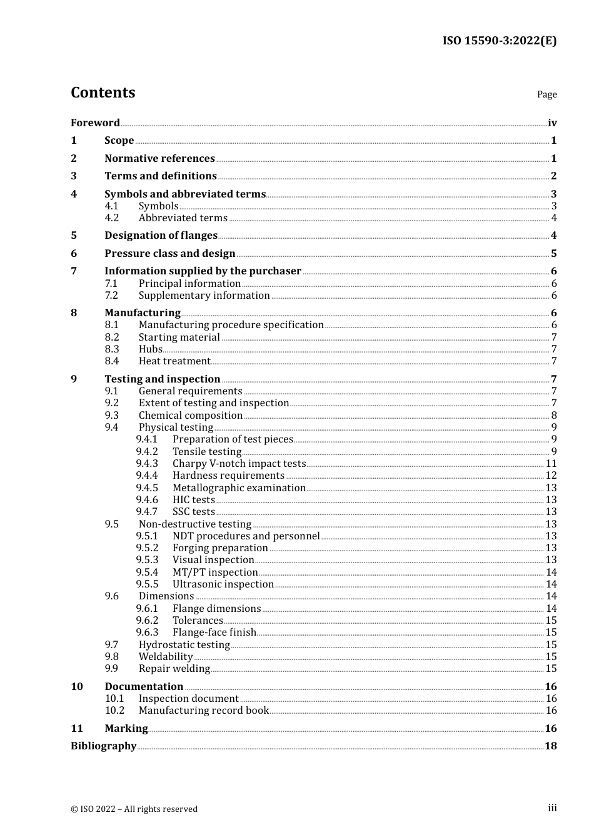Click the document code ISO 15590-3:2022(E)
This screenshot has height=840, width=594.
coord(499,41)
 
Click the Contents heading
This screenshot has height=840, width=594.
coord(103,92)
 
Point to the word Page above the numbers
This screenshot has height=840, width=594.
coord(546,94)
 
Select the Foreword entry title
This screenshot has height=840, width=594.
coord(95,122)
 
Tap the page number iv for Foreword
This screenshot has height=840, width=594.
coord(552,122)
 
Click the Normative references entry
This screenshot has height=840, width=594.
coord(159,158)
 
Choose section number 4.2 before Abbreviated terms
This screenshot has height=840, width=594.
coord(112,217)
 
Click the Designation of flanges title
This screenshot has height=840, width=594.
coord(161,235)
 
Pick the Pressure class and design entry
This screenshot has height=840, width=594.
coord(169,253)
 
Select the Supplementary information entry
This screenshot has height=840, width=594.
coord(204,295)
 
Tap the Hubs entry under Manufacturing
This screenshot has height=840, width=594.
coord(150,349)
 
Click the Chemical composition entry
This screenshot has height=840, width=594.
coord(190,415)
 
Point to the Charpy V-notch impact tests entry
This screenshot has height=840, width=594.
coord(239,463)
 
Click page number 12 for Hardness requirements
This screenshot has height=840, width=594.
coord(551,475)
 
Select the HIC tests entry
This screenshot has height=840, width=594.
coord(193,499)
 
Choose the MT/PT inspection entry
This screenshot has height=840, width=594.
coord(215,572)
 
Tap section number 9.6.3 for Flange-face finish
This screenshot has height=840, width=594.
coord(147,632)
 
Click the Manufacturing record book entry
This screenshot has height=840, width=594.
coord(203,710)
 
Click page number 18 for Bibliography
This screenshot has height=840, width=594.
coord(551,746)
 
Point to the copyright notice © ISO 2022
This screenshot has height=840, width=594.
coord(134,809)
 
